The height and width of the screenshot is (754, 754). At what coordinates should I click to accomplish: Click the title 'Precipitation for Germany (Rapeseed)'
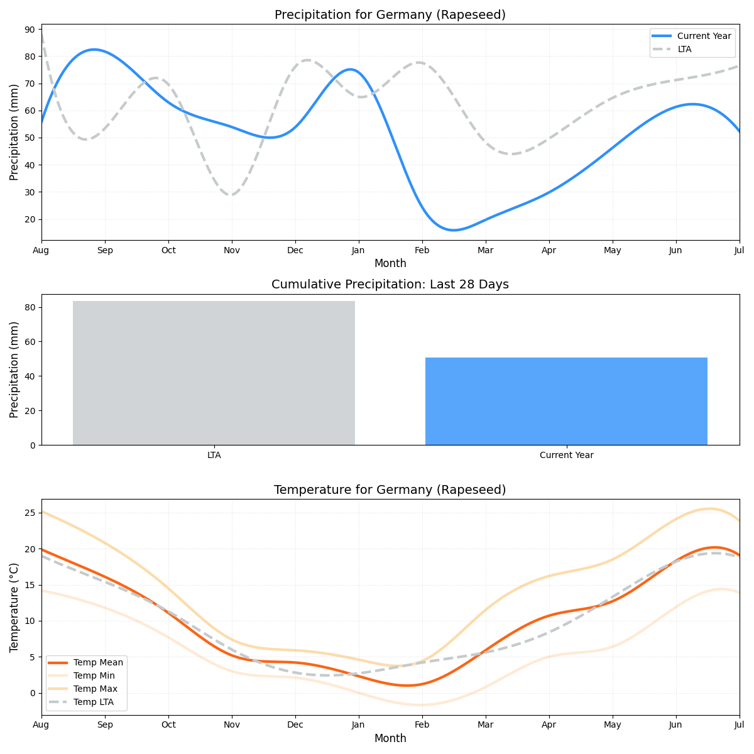click(x=390, y=15)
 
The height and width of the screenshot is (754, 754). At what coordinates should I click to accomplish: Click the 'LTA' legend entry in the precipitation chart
click(x=684, y=49)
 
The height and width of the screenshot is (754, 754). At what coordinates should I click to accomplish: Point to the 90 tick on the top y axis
click(x=30, y=30)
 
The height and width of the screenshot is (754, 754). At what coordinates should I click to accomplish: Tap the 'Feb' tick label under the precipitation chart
click(x=422, y=250)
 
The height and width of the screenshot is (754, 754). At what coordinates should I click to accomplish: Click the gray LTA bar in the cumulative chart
click(x=214, y=373)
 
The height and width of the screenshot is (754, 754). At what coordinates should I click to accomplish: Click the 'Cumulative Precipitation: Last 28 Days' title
click(x=390, y=285)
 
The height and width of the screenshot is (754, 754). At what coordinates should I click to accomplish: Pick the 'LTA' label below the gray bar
click(x=214, y=455)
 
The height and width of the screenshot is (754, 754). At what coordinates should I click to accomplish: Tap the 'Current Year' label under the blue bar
click(x=566, y=455)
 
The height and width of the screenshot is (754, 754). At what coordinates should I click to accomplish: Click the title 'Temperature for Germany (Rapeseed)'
click(x=390, y=490)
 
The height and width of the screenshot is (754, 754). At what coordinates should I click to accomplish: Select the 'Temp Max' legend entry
click(x=95, y=689)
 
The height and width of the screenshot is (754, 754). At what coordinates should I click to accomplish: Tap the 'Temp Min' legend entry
click(x=94, y=675)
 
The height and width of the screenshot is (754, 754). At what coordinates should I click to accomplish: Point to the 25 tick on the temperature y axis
click(x=30, y=513)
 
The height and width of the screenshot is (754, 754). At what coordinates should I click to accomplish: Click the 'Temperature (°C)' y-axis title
click(x=14, y=607)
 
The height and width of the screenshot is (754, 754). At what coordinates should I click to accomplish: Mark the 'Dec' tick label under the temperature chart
click(x=295, y=725)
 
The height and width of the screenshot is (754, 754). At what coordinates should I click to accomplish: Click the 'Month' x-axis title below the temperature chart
click(x=390, y=738)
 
